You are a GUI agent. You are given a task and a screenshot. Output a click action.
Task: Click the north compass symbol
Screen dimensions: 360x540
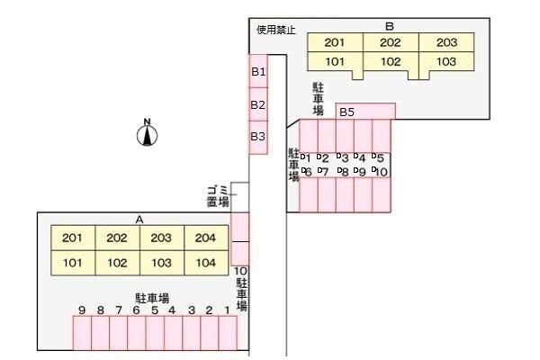click(147, 134)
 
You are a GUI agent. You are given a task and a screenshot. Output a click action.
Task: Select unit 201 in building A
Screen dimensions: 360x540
click(72, 238)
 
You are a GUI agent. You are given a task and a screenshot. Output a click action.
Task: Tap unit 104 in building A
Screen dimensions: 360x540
click(206, 263)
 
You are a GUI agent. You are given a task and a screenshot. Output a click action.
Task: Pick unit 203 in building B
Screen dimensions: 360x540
click(445, 42)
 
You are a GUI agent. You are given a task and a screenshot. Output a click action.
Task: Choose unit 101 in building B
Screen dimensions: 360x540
click(335, 63)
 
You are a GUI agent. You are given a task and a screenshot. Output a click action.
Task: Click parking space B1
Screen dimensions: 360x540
click(258, 70)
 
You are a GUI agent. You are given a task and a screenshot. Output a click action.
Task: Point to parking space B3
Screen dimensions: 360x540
click(258, 137)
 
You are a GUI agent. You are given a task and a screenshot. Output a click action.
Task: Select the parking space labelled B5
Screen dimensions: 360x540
click(346, 112)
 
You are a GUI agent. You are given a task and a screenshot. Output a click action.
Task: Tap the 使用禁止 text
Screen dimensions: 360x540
click(276, 29)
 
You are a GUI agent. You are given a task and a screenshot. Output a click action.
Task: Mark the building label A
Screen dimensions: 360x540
click(139, 219)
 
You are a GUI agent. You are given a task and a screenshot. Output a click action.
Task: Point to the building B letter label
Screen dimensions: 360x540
click(390, 26)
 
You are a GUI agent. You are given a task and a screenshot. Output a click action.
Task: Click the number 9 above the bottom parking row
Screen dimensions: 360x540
click(82, 310)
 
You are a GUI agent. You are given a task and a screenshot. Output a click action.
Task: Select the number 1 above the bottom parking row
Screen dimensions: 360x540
click(227, 310)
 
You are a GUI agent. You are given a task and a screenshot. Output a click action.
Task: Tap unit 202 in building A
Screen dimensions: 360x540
click(117, 238)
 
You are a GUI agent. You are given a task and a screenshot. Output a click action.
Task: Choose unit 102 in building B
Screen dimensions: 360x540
click(390, 63)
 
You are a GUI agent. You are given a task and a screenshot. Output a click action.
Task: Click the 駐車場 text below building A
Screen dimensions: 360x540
click(153, 297)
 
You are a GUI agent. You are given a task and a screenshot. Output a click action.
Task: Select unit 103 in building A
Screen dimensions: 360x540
click(161, 263)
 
